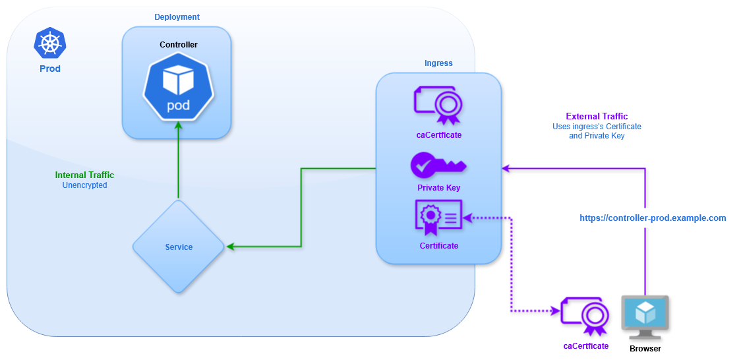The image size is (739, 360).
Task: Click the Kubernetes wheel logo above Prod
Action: (x=50, y=44)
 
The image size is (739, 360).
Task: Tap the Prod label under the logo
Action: (x=50, y=69)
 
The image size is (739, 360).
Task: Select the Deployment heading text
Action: (x=177, y=17)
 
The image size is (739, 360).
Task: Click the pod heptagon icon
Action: (x=178, y=87)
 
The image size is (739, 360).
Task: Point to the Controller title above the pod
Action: (x=179, y=45)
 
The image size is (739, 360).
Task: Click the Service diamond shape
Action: (x=179, y=247)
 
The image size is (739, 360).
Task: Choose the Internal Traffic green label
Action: (x=84, y=175)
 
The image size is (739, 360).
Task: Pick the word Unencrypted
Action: (x=84, y=186)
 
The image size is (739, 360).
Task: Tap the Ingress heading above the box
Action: (x=438, y=63)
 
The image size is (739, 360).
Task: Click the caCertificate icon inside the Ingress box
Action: (x=438, y=105)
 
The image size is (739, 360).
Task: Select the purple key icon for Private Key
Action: (x=438, y=165)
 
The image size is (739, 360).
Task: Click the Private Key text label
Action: (x=438, y=188)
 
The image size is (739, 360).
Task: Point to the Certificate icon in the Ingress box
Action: (x=438, y=218)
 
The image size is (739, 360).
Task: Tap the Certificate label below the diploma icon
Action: (x=438, y=246)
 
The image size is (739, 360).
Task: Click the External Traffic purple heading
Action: (x=597, y=117)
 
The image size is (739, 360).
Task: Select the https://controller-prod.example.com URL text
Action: (x=653, y=218)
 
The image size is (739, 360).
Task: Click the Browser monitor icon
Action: (x=645, y=317)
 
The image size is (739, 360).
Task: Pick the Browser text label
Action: (x=645, y=348)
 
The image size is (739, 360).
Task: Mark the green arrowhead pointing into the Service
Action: (x=231, y=247)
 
